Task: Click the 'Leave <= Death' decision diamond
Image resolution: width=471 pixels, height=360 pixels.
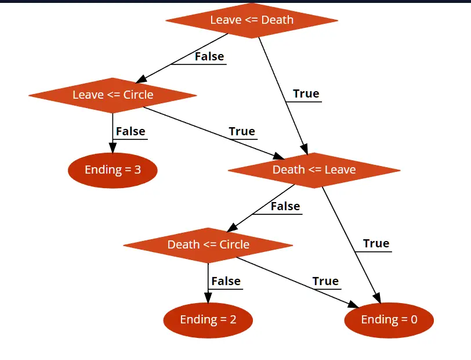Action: tap(252, 20)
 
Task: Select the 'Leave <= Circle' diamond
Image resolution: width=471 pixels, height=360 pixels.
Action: tap(113, 95)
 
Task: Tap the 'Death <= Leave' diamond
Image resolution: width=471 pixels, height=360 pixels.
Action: tap(314, 170)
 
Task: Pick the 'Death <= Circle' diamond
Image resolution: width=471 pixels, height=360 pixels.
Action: tap(208, 245)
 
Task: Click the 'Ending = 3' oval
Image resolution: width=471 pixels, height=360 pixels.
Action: tap(113, 170)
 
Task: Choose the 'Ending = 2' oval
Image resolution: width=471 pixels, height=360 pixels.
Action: tap(208, 320)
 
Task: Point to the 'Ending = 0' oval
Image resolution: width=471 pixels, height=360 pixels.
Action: tap(389, 320)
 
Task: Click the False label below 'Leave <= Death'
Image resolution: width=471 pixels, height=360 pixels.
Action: tap(209, 56)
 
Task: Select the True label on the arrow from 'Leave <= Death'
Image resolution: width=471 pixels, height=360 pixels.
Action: tap(306, 94)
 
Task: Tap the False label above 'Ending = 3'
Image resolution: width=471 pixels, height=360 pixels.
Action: tap(131, 131)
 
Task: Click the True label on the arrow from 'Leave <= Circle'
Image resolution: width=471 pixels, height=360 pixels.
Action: tap(242, 131)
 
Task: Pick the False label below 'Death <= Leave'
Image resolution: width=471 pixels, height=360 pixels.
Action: tap(285, 206)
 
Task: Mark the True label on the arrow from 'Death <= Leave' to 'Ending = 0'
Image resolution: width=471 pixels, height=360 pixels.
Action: tap(376, 243)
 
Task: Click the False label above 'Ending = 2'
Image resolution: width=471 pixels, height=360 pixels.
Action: tap(226, 281)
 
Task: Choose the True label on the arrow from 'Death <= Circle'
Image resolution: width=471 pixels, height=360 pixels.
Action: tap(325, 281)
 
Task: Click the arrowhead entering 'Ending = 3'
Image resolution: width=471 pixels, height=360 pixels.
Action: tap(113, 148)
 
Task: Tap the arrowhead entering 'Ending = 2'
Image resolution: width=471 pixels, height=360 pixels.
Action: tap(208, 298)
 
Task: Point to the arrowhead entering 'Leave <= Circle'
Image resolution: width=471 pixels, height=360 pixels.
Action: tap(141, 79)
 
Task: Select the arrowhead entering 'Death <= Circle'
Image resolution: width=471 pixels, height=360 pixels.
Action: tap(232, 228)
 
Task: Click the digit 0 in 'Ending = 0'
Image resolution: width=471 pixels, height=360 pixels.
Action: tap(414, 319)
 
